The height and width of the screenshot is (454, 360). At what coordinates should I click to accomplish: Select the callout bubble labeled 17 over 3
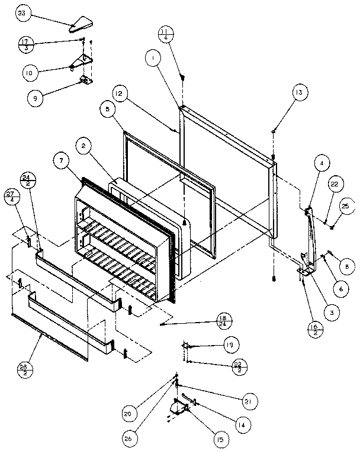25,44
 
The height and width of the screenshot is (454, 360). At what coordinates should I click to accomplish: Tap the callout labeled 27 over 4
12,197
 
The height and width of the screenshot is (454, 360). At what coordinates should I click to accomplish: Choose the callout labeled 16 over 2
314,329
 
